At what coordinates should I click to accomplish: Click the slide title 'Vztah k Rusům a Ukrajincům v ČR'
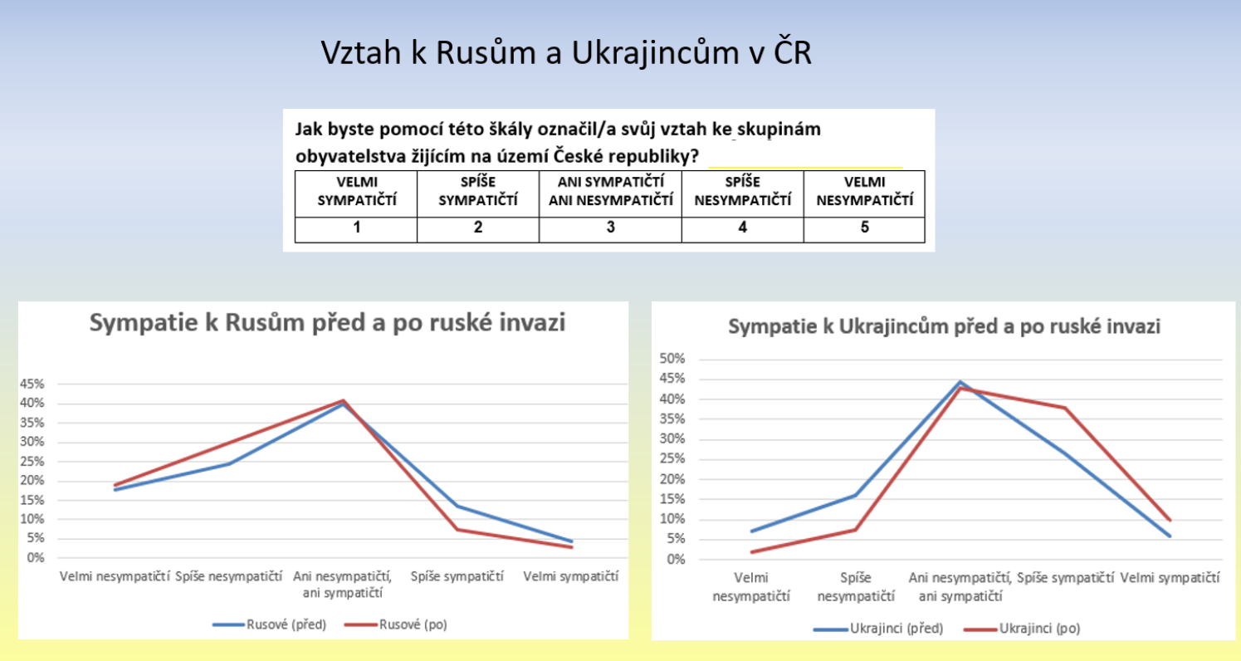pos(566,53)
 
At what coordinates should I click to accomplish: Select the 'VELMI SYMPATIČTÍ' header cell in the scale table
pos(356,193)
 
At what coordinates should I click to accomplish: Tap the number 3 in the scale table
pos(610,228)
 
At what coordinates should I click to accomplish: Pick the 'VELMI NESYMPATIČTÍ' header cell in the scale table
pos(864,193)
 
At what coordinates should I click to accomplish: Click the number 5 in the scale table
pos(864,228)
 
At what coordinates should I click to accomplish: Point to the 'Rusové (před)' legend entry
pos(269,624)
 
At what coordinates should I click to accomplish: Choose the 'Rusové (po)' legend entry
pos(396,624)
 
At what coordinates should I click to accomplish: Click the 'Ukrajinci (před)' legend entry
pos(878,629)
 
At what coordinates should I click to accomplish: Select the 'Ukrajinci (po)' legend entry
pos(1022,629)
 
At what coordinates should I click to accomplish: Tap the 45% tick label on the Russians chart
pos(32,384)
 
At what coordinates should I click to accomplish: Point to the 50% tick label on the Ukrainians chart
pos(672,359)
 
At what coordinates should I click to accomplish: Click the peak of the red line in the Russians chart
pos(344,400)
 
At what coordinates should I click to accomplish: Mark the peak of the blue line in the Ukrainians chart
pos(960,382)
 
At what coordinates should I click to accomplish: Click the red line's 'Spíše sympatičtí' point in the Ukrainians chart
pos(1065,408)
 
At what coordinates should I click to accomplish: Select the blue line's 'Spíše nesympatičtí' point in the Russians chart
pos(229,463)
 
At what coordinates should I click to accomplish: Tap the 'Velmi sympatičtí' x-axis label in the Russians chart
pos(570,576)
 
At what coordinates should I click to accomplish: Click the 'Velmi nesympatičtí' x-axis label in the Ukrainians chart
pos(751,587)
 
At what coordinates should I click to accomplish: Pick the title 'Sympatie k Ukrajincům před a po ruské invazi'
pos(944,326)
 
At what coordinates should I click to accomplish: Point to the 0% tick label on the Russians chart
pos(36,557)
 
